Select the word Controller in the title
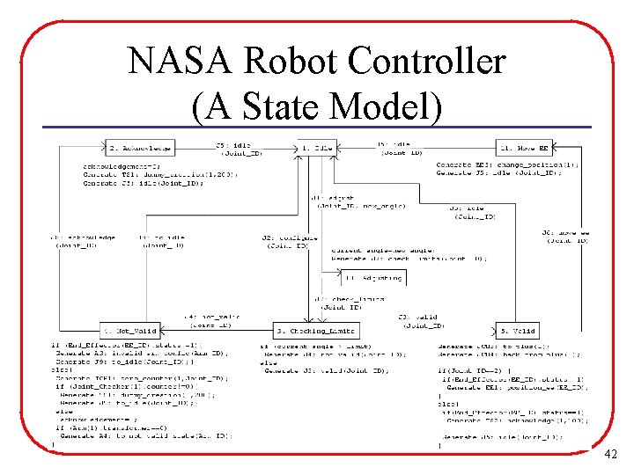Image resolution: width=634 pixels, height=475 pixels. click(x=426, y=62)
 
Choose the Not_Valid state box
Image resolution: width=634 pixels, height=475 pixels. click(x=129, y=331)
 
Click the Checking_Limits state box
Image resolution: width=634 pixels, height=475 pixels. click(x=314, y=331)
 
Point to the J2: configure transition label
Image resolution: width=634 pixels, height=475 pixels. click(x=284, y=241)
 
